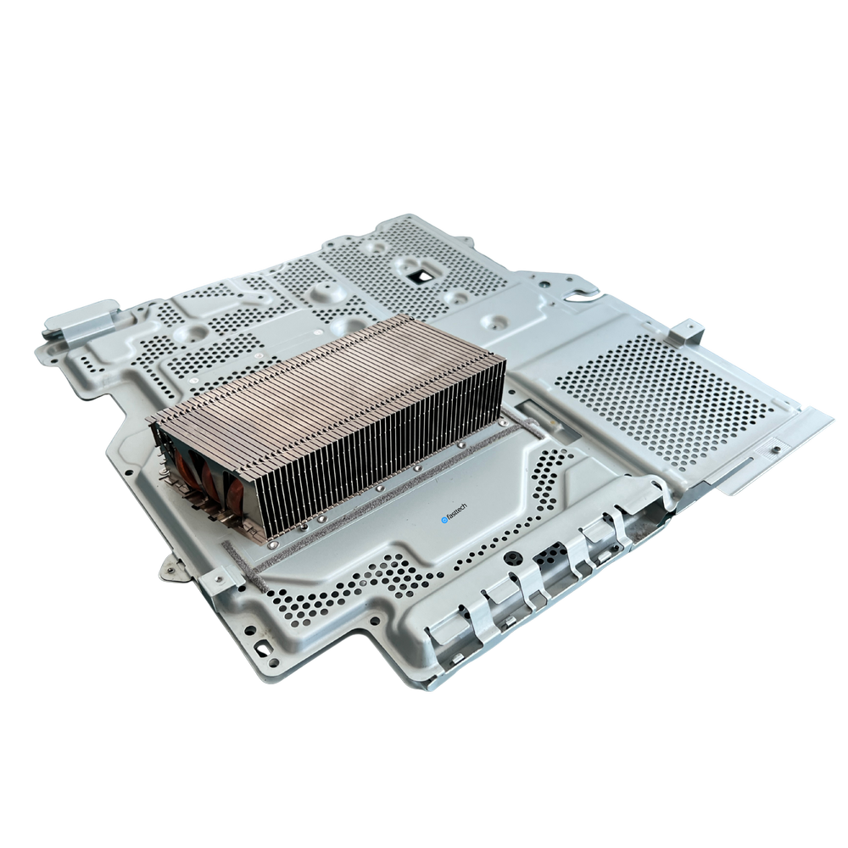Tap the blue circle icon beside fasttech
point(444,521)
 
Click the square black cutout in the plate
point(420,276)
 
